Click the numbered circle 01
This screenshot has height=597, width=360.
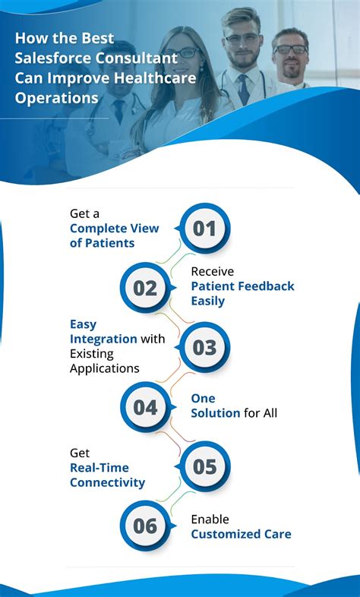pos(204,229)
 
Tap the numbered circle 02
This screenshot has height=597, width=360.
pos(145,288)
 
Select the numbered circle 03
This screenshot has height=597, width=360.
pos(204,347)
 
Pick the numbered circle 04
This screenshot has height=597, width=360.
pos(145,407)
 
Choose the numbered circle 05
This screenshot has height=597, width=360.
pos(204,466)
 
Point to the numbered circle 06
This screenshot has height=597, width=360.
pos(145,526)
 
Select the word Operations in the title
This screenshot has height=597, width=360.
pos(56,98)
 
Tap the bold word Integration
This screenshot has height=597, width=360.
pos(103,339)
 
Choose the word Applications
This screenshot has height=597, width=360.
pos(105,368)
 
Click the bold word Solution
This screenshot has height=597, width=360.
pos(216,413)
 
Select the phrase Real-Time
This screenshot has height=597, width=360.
pos(99,468)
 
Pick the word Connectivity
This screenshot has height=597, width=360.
pos(107,482)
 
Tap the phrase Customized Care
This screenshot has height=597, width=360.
pos(241,534)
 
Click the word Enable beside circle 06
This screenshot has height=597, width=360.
pos(210,520)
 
